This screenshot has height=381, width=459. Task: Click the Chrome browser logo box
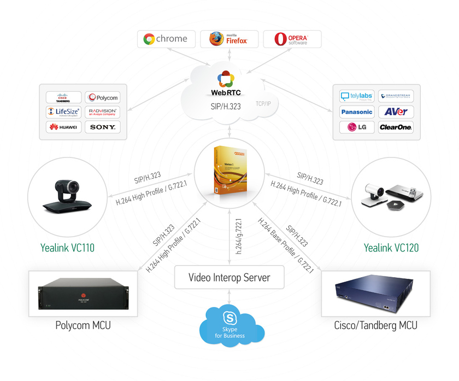[165, 39]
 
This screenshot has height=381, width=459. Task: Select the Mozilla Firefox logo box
[229, 39]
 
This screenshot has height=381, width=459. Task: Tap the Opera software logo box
[291, 39]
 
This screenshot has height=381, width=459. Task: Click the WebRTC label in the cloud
[229, 92]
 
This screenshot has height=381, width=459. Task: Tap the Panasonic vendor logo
[356, 112]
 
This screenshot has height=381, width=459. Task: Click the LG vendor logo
[356, 127]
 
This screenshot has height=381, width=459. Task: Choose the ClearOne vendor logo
[396, 127]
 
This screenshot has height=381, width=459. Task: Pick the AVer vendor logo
[396, 112]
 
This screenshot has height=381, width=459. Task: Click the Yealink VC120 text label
[391, 248]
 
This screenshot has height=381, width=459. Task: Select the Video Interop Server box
[229, 278]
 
